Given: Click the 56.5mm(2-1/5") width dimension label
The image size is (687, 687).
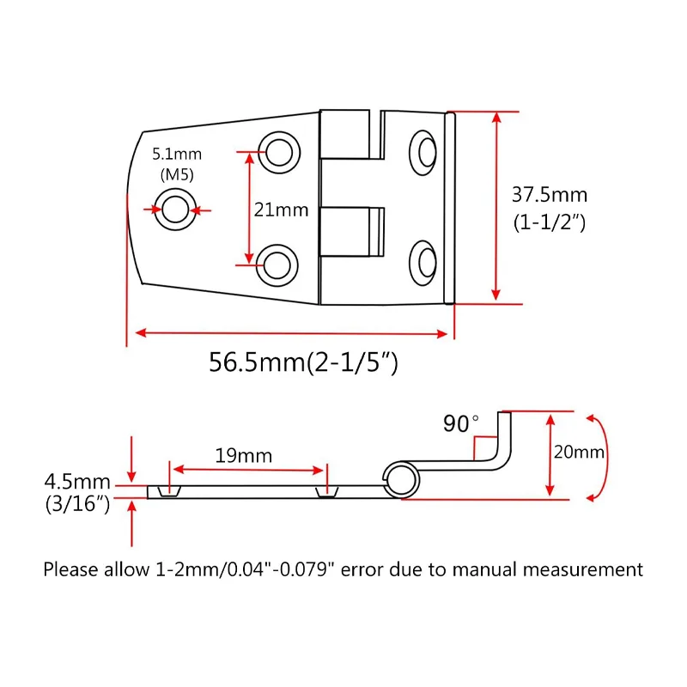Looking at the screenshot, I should tap(303, 363).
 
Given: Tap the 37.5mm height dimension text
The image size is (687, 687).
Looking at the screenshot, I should tap(550, 195).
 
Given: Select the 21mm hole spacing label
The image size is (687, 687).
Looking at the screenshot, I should tap(280, 210).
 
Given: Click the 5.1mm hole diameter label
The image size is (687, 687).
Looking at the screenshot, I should tap(177, 155).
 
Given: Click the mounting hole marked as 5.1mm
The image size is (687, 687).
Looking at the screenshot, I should tap(175, 210).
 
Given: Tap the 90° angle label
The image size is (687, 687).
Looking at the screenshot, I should tap(461, 423).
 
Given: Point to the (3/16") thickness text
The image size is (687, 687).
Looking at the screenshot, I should tap(78, 504).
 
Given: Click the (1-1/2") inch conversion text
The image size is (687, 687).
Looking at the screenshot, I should tap(550, 223).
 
